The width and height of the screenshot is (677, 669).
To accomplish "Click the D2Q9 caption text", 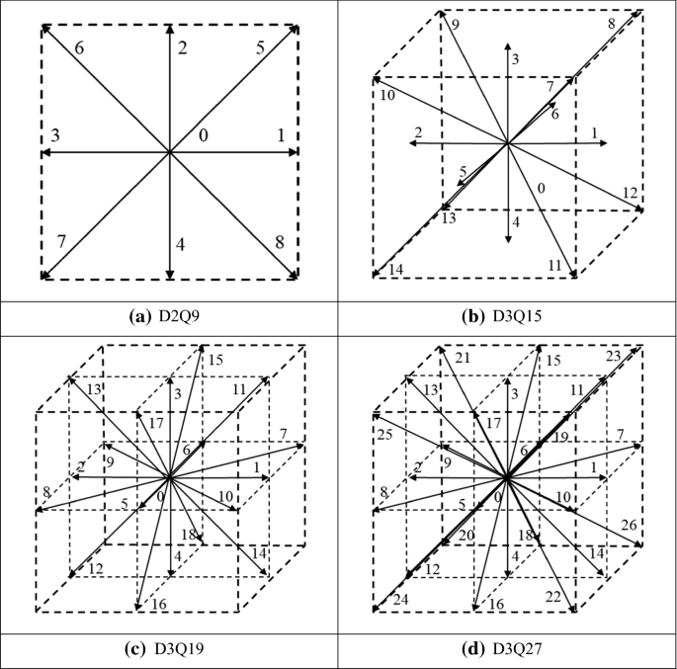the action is point(170,317).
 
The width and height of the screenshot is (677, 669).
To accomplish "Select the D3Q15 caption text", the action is point(508,317).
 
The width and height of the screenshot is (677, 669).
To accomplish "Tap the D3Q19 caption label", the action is point(170,650).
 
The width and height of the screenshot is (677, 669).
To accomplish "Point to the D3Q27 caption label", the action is point(508,650).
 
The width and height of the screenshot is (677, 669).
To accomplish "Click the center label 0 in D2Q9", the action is point(204,134).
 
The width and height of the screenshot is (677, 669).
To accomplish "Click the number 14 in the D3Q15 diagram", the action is point(397,268).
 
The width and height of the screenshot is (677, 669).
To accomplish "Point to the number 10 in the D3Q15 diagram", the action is point(387,95).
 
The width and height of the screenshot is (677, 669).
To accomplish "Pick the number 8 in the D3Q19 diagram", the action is point(46,490).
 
